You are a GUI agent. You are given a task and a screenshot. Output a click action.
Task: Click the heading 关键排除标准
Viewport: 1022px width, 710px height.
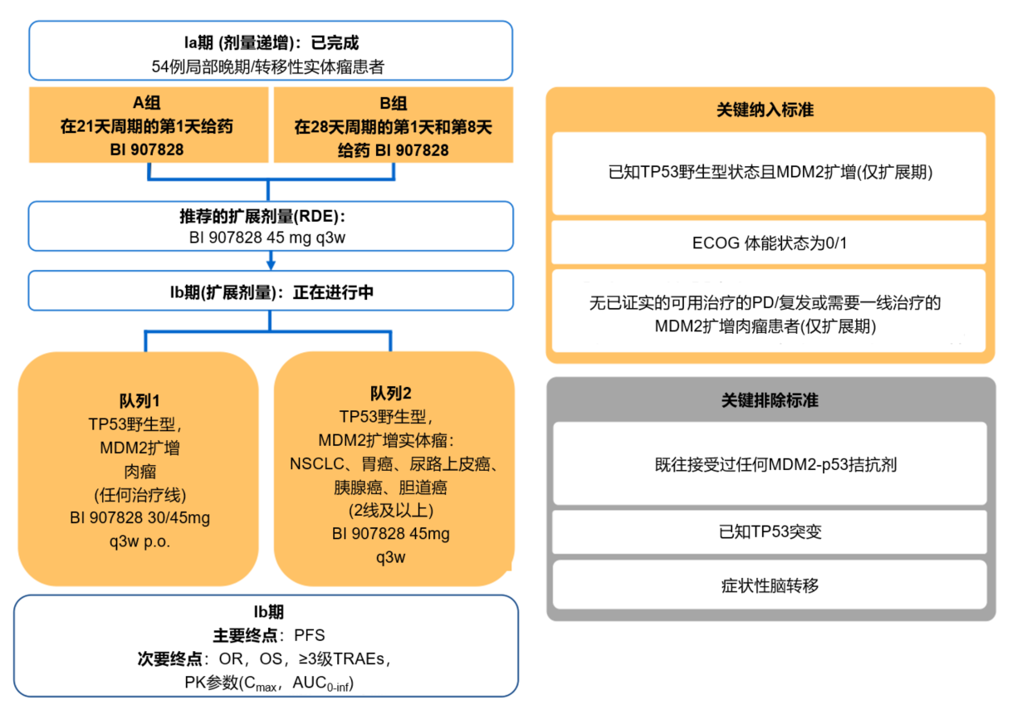click(x=770, y=400)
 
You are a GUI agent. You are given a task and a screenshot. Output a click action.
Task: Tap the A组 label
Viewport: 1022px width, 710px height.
click(x=149, y=104)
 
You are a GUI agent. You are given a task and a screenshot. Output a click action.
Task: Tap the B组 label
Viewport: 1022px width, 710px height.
click(x=394, y=104)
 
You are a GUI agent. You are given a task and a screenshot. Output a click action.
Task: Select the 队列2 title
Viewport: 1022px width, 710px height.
click(x=391, y=393)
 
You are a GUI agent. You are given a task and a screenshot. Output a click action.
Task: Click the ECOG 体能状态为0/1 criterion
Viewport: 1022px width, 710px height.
click(x=769, y=242)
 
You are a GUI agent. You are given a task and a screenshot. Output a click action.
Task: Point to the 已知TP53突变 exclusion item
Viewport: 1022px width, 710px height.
click(x=770, y=531)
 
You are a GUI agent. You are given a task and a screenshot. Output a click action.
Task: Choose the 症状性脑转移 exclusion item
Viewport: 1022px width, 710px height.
click(x=770, y=585)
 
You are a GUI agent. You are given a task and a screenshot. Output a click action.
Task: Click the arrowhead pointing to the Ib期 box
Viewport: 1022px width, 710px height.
click(x=271, y=265)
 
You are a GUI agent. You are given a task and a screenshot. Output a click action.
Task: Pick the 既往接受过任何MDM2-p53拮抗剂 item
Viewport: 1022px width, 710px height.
click(x=770, y=464)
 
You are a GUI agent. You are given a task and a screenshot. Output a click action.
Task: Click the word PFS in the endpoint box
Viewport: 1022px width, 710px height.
click(x=309, y=636)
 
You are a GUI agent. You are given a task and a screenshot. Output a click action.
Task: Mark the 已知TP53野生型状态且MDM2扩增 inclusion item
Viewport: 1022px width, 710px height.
click(x=769, y=174)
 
